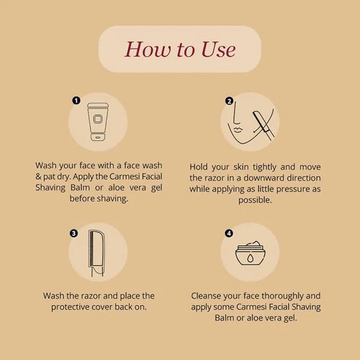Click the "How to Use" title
click(x=180, y=49)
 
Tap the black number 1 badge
click(x=76, y=100)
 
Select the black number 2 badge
click(x=229, y=101)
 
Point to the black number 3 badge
click(x=74, y=233)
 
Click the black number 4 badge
click(x=229, y=233)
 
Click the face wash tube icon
click(x=98, y=122)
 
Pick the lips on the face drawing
click(x=238, y=129)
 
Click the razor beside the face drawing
click(x=264, y=125)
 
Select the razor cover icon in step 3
click(x=97, y=253)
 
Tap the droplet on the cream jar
click(x=250, y=258)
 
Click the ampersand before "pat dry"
click(x=38, y=177)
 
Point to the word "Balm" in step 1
click(x=80, y=188)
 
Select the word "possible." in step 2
click(x=255, y=200)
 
